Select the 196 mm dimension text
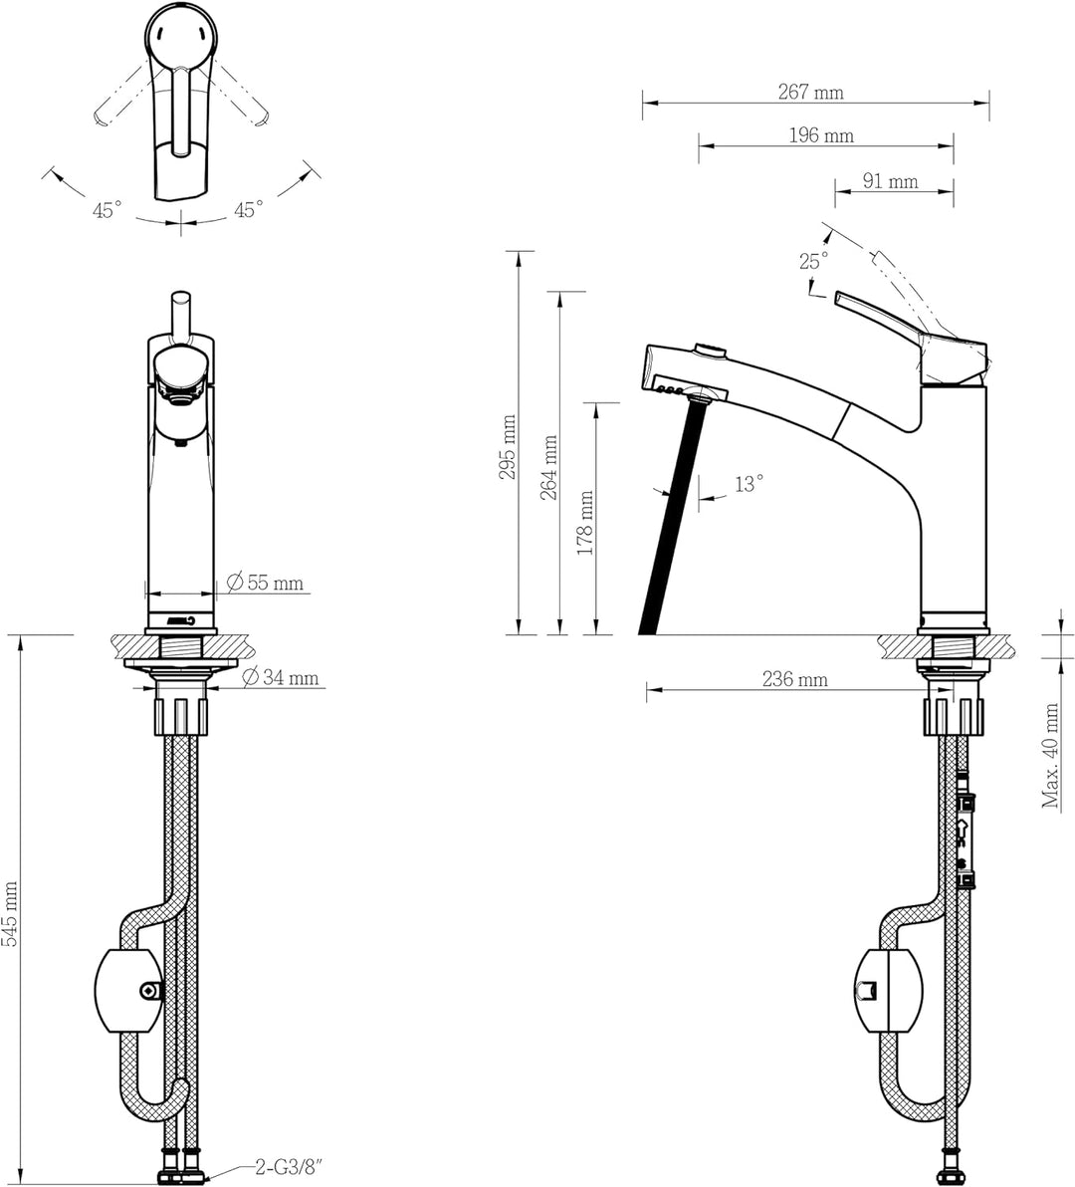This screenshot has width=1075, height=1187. tap(821, 135)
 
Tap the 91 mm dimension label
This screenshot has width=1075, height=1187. tap(890, 181)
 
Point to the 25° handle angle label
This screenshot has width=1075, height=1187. tap(813, 261)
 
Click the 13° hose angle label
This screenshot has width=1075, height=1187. tap(749, 484)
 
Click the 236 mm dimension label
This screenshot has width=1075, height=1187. tap(794, 680)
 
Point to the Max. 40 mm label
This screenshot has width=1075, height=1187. tap(1051, 755)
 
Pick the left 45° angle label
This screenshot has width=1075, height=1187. tap(107, 210)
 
